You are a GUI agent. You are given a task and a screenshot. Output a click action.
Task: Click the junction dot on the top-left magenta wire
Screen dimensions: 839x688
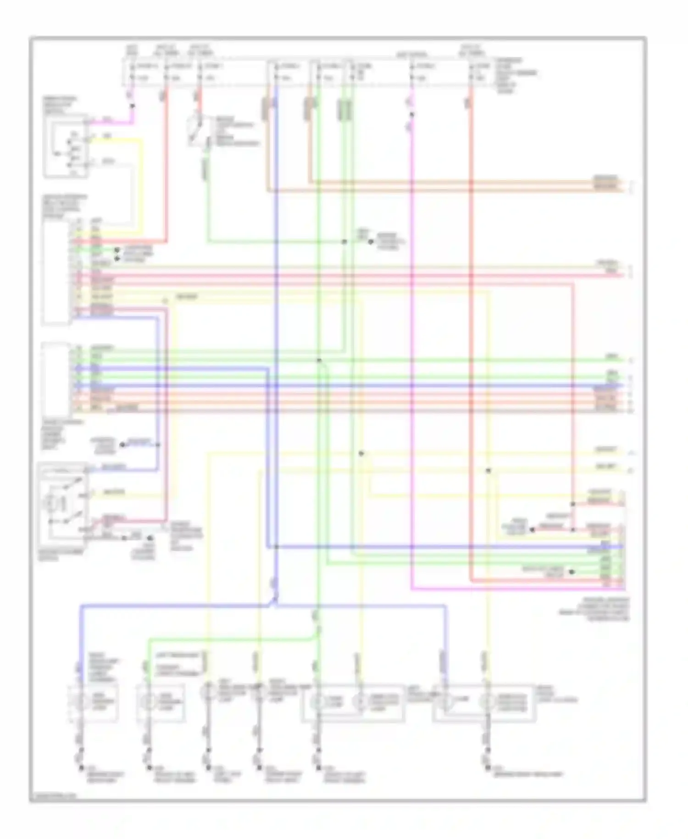coord(133,106)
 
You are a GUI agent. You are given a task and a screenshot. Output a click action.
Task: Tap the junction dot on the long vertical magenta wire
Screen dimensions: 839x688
coord(411,115)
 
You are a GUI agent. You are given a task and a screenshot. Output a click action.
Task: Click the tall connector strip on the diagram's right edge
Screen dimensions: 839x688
coord(622,539)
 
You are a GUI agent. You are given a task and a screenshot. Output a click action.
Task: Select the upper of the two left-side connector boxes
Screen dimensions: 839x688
coord(56,271)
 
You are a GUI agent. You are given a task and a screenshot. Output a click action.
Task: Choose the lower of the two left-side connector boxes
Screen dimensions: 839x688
coord(56,377)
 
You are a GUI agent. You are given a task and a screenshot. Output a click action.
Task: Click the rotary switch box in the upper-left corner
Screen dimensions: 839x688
coord(66,146)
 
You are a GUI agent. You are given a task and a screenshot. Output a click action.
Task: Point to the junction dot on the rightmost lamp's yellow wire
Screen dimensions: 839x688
coord(488,470)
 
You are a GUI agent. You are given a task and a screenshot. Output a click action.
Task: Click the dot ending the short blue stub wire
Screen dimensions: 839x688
coord(122,445)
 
